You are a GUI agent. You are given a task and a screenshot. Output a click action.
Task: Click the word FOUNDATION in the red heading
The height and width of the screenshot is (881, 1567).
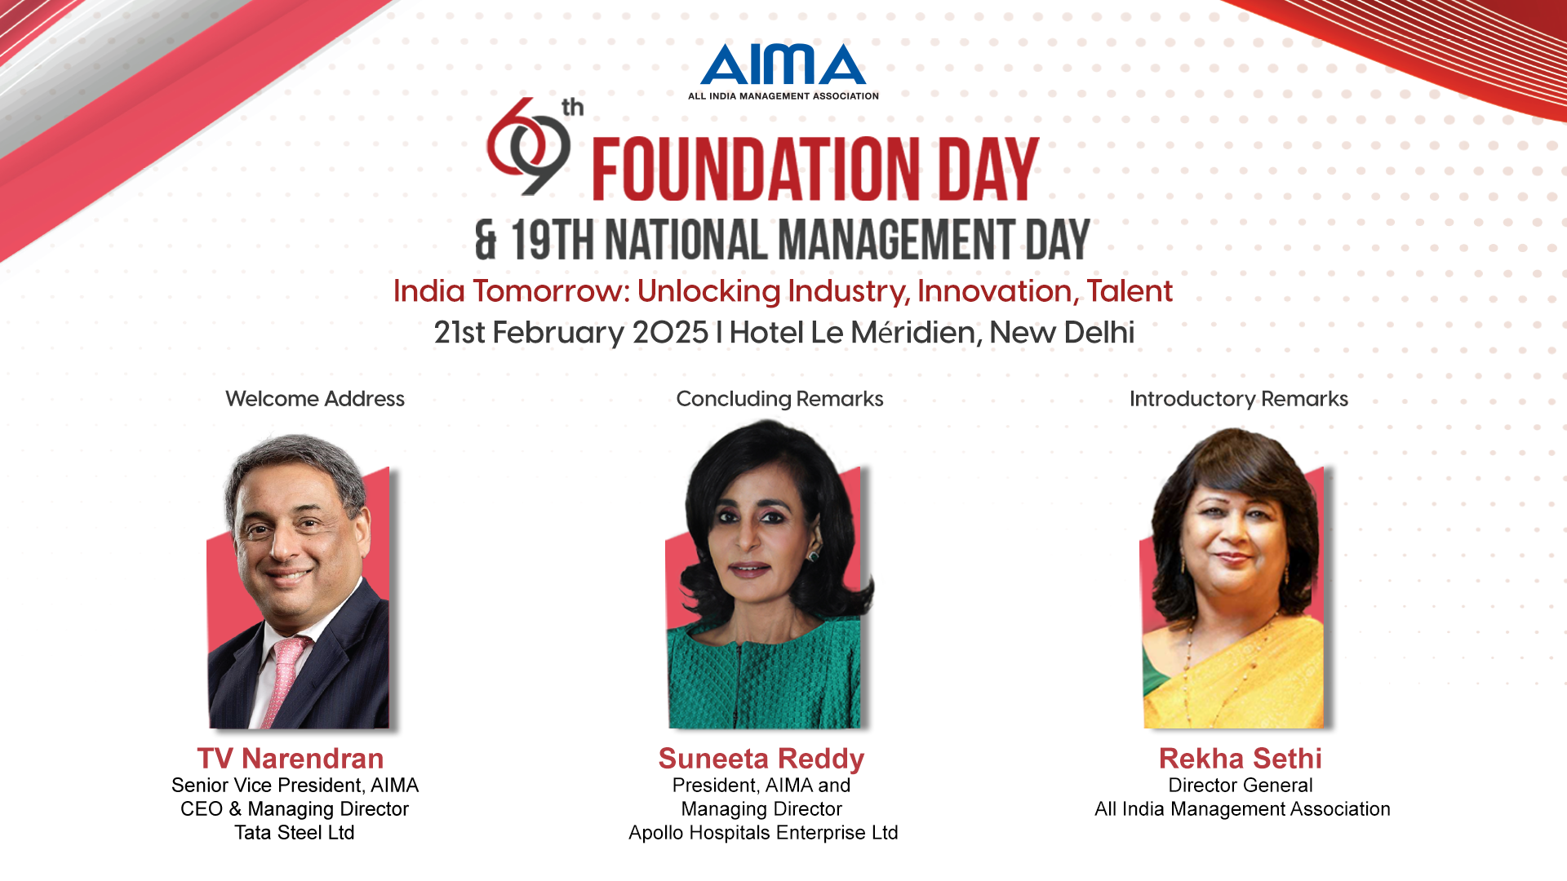pyautogui.click(x=755, y=169)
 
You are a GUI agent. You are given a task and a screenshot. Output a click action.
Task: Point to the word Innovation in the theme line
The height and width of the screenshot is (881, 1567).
pyautogui.click(x=995, y=291)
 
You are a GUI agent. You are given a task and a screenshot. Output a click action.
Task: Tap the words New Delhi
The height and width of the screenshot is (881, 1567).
pyautogui.click(x=1062, y=333)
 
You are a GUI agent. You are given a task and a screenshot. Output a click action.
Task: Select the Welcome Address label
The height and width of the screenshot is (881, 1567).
pyautogui.click(x=315, y=399)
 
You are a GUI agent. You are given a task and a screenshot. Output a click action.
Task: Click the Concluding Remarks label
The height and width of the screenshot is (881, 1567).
pyautogui.click(x=779, y=399)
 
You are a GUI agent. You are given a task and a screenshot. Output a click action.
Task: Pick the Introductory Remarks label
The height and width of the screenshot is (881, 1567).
pyautogui.click(x=1239, y=399)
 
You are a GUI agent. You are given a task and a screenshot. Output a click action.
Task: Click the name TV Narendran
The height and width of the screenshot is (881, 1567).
pyautogui.click(x=290, y=759)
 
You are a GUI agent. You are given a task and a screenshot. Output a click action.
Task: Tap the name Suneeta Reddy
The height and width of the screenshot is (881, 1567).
pyautogui.click(x=761, y=759)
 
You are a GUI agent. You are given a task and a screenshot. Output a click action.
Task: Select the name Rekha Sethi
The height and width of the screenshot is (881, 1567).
pyautogui.click(x=1241, y=759)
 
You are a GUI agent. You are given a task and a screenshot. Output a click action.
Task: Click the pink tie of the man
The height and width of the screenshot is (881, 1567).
pyautogui.click(x=286, y=677)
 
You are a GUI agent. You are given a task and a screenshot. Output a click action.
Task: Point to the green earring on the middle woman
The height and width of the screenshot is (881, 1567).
pyautogui.click(x=813, y=556)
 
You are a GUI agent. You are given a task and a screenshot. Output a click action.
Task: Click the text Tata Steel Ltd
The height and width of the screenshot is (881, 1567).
pyautogui.click(x=295, y=833)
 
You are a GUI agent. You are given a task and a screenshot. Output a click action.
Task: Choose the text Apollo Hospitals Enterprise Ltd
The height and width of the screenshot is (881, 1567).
pyautogui.click(x=763, y=833)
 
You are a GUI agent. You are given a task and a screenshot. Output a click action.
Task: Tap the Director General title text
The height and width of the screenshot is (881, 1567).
pyautogui.click(x=1241, y=786)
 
